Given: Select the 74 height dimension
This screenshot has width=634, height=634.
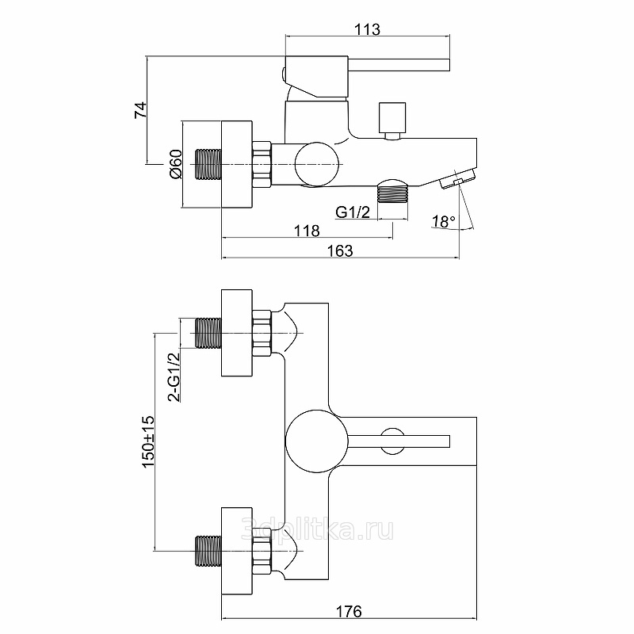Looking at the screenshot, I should (x=139, y=110).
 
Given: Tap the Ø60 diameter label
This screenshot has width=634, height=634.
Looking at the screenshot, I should (x=176, y=165).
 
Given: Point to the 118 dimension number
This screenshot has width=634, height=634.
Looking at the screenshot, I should (x=306, y=231).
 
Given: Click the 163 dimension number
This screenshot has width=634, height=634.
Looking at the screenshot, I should (x=339, y=250).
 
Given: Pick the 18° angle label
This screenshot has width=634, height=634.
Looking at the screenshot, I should (x=444, y=222).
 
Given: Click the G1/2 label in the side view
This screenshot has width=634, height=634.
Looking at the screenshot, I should (x=353, y=212).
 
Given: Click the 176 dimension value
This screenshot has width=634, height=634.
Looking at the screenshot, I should (x=349, y=611).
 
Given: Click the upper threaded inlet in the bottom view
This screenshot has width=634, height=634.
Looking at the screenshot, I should (x=208, y=332).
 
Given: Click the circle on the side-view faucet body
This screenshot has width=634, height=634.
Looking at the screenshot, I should (x=316, y=164).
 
